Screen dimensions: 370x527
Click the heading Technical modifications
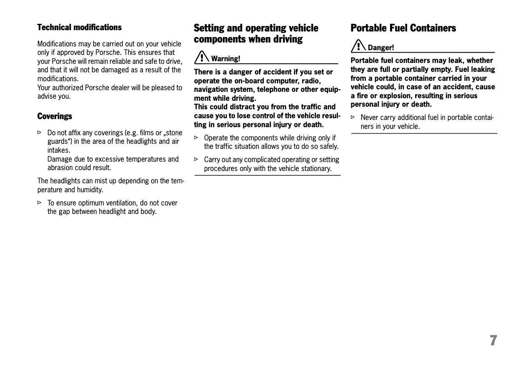[x=79, y=27]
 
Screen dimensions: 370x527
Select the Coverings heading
[x=54, y=116]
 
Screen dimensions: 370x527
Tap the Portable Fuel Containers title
[x=403, y=28]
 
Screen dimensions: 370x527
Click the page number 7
[x=493, y=340]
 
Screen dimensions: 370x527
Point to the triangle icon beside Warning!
[x=202, y=57]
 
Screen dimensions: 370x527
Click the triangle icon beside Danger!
[x=359, y=46]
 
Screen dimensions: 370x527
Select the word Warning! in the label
[x=225, y=59]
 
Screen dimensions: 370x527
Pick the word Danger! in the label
[x=381, y=48]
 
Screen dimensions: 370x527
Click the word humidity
[x=90, y=190]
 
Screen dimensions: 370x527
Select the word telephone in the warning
[x=274, y=89]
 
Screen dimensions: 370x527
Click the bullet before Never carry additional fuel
[x=353, y=117]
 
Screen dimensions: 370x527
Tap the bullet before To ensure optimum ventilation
[x=40, y=202]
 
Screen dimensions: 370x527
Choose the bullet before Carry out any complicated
[x=197, y=159]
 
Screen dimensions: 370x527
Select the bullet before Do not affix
[x=40, y=133]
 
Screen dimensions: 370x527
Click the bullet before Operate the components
[x=197, y=137]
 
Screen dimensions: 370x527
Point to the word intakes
[x=58, y=150]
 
